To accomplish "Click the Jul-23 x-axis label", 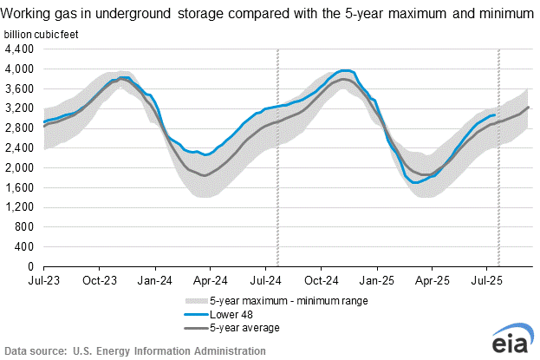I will click(42, 281).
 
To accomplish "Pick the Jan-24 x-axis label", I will click(153, 281).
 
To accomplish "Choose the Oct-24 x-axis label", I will click(322, 281).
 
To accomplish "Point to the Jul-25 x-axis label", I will click(487, 281).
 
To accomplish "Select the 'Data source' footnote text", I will click(133, 350).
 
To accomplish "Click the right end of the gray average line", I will click(529, 107).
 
